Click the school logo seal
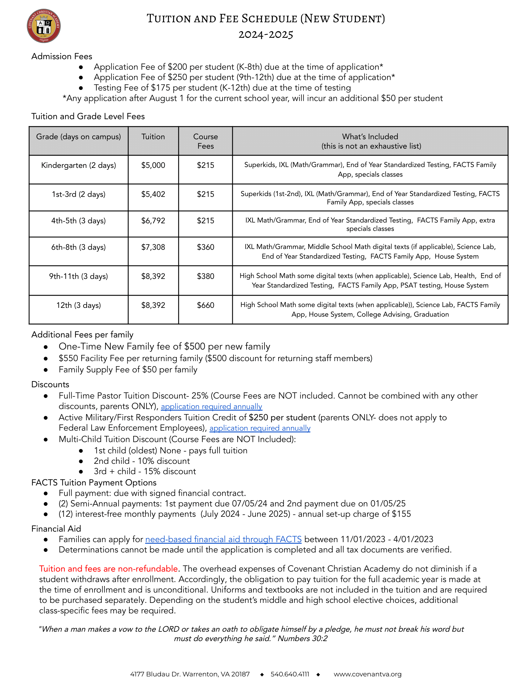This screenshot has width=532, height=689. tap(43, 26)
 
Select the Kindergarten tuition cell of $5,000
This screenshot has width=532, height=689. tap(153, 165)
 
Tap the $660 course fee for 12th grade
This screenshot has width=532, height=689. tap(206, 305)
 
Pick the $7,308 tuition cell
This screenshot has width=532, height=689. tap(153, 247)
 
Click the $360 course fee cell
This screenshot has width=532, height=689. tap(206, 247)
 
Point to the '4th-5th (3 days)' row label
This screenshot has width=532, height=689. tap(79, 221)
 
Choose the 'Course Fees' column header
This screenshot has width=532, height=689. tap(206, 141)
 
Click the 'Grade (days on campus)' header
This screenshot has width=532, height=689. tap(79, 137)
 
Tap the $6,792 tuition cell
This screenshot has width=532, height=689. tap(153, 221)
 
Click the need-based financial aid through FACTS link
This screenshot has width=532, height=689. tap(223, 539)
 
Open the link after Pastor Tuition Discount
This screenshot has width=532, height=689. tap(212, 406)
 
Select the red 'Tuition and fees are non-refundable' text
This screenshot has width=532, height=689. tap(108, 568)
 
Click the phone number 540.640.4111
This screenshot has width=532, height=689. tap(290, 674)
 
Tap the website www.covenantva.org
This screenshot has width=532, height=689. tap(367, 674)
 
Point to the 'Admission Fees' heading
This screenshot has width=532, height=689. tap(62, 56)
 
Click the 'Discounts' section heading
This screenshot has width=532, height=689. tap(50, 384)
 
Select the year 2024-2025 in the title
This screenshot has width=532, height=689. tap(266, 34)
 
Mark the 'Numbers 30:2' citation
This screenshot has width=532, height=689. tap(302, 639)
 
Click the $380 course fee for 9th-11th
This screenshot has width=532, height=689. tap(206, 276)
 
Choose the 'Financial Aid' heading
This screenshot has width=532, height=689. tap(56, 529)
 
